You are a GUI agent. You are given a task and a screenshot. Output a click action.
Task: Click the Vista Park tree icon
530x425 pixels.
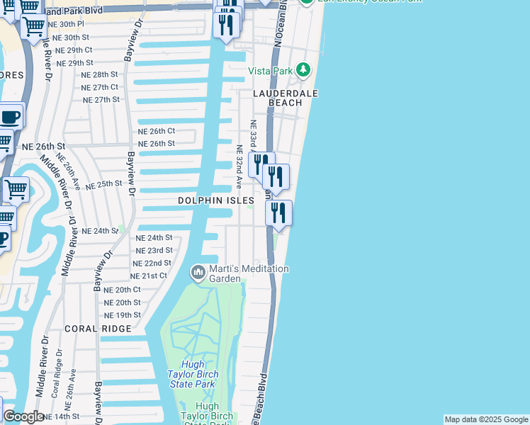pyautogui.click(x=303, y=69)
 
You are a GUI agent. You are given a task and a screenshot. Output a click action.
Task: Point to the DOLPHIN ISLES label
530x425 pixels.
pyautogui.click(x=215, y=201)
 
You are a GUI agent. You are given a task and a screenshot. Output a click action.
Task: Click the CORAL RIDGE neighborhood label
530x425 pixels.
pyautogui.click(x=98, y=329)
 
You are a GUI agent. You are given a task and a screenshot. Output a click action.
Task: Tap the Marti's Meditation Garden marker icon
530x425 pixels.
pyautogui.click(x=198, y=271)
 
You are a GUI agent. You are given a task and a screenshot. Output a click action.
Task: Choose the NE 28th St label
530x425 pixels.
pyautogui.click(x=99, y=74)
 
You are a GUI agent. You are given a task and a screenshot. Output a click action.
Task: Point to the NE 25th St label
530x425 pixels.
pyautogui.click(x=104, y=184)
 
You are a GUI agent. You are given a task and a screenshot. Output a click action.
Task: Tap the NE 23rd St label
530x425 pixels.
pyautogui.click(x=154, y=250)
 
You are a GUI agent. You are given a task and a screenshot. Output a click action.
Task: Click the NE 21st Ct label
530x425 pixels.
pyautogui.click(x=148, y=276)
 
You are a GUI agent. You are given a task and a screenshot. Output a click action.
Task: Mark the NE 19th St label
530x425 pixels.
pyautogui.click(x=122, y=314)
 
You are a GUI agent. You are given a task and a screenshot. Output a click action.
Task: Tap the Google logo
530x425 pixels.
pyautogui.click(x=23, y=416)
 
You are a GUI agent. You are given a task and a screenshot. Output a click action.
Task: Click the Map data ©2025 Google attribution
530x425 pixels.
pyautogui.click(x=485, y=419)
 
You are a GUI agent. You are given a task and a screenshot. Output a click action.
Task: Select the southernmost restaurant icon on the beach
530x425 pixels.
pyautogui.click(x=278, y=212)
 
